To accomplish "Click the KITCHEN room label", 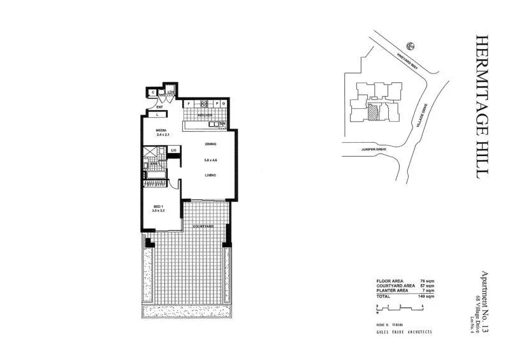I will point(204,115).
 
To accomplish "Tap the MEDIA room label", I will point(162,130).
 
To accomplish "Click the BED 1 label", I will point(159,205).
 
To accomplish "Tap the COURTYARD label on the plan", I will point(203,227).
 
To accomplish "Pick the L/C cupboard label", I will point(173,150).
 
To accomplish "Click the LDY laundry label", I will point(171,92).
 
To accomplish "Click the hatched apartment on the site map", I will point(373,112).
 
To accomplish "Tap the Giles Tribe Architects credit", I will point(405,332).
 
